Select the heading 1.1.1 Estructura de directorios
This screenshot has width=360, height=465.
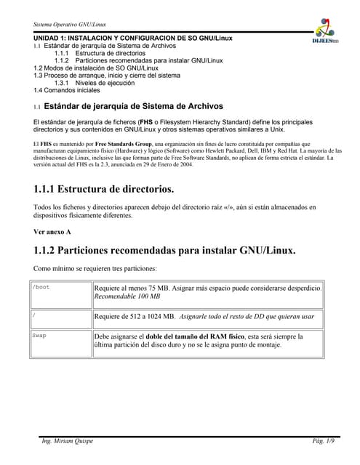click(103, 190)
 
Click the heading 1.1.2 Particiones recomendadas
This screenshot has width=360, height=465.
click(164, 251)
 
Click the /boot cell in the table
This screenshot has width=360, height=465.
click(43, 288)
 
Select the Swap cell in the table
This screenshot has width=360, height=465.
click(40, 336)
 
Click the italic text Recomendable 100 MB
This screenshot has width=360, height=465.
click(127, 297)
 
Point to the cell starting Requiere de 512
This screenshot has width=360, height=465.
click(204, 317)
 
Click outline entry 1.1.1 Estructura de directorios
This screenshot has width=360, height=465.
click(101, 53)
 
